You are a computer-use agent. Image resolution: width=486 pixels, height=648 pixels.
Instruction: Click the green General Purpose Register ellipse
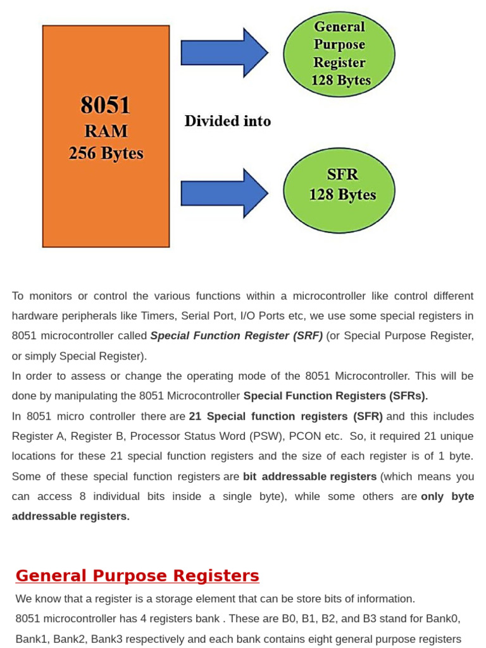(339, 54)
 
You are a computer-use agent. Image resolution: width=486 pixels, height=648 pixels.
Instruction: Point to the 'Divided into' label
(228, 121)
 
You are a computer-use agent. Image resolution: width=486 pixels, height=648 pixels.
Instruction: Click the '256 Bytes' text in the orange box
(106, 154)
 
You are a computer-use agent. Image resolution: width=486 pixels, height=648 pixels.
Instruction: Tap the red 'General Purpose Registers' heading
(137, 576)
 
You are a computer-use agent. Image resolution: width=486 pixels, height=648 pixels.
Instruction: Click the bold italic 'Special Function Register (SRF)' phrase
(237, 335)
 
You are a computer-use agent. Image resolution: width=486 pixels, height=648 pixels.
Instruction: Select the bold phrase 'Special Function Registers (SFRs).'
(335, 396)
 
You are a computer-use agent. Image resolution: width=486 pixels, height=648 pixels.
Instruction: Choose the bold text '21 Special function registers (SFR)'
(286, 416)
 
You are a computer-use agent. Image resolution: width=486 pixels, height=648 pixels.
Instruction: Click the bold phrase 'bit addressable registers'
(309, 477)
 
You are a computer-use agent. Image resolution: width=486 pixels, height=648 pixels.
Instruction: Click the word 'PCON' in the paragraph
(304, 437)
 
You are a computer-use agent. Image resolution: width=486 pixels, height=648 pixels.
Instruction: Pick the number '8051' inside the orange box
(106, 105)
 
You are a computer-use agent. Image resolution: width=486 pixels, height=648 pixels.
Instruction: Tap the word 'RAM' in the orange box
(106, 131)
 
